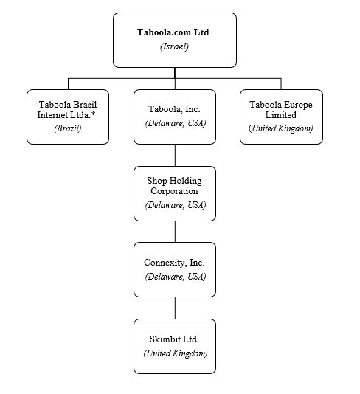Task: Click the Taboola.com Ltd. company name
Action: point(174,32)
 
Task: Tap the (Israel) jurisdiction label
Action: point(174,46)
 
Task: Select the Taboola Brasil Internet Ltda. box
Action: point(68,117)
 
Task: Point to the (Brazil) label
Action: point(68,128)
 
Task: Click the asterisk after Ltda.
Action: point(93,114)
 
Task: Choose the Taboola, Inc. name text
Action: point(174,109)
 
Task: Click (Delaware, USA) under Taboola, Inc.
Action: point(176,123)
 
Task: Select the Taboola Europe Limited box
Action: point(281,117)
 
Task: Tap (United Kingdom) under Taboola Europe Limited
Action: point(281,128)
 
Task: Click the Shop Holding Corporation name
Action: point(174,186)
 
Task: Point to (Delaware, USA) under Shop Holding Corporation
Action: point(176,205)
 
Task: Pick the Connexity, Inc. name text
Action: point(174,263)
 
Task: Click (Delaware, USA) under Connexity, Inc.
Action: point(176,277)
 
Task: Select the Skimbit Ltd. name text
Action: point(174,339)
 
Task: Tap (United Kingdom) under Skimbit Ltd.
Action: point(176,353)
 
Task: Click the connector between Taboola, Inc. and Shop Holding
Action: point(175,155)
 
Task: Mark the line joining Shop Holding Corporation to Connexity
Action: point(175,232)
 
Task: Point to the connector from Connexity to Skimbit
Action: point(175,308)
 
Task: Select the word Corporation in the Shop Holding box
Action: point(174,191)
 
